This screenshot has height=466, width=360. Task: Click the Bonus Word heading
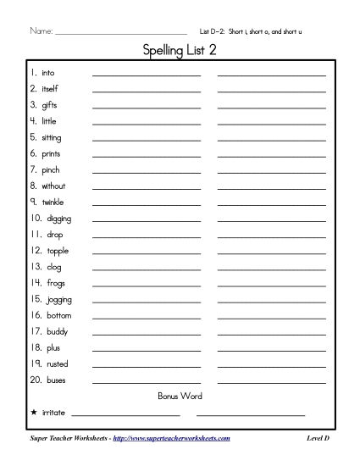[180, 396]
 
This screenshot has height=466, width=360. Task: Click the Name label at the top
[40, 31]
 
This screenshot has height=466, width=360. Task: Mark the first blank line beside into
[146, 75]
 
